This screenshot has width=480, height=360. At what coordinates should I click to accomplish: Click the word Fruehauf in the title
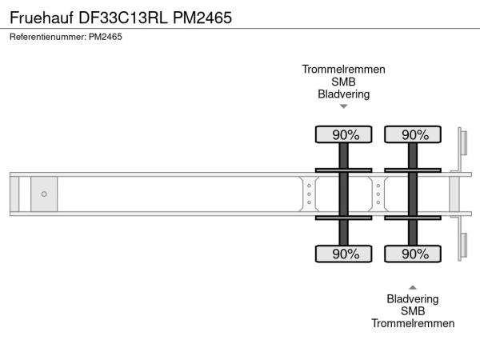click(42, 18)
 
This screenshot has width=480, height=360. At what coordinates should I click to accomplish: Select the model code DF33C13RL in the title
click(123, 18)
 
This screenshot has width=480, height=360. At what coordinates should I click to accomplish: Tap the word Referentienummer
click(48, 37)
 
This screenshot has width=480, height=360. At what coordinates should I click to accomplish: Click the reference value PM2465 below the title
click(106, 37)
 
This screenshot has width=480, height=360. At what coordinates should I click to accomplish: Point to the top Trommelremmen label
click(343, 70)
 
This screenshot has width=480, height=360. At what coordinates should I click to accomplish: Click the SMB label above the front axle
click(343, 82)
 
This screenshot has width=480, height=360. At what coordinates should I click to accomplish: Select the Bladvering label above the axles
click(343, 94)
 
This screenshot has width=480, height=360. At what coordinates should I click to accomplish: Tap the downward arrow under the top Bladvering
click(344, 106)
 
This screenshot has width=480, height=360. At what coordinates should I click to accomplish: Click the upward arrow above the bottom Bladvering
click(413, 287)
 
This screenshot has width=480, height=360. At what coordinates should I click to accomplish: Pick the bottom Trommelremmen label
click(413, 323)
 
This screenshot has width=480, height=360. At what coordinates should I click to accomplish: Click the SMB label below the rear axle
click(413, 311)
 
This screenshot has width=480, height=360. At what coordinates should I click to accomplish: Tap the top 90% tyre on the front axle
click(344, 134)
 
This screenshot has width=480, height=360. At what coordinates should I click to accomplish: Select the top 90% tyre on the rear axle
click(413, 134)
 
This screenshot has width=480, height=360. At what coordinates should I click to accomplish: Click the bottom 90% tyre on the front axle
click(344, 254)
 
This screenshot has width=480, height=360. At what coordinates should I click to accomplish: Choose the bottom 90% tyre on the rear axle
click(413, 254)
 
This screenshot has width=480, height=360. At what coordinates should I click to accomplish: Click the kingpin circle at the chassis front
click(44, 194)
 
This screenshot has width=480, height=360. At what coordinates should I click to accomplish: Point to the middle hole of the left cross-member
click(309, 194)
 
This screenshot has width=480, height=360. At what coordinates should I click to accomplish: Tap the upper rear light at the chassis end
click(464, 143)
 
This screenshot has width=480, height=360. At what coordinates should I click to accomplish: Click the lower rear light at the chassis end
click(464, 246)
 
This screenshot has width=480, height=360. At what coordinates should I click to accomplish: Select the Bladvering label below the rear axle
click(413, 299)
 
